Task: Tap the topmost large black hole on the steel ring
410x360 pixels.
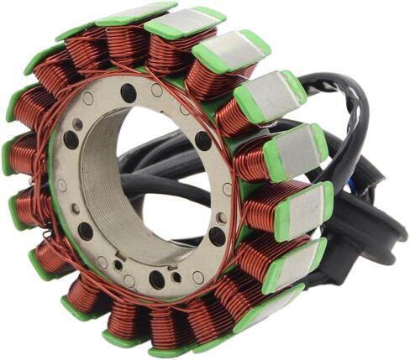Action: tap(128, 91)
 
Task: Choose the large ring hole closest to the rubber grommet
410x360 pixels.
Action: tap(218, 237)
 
